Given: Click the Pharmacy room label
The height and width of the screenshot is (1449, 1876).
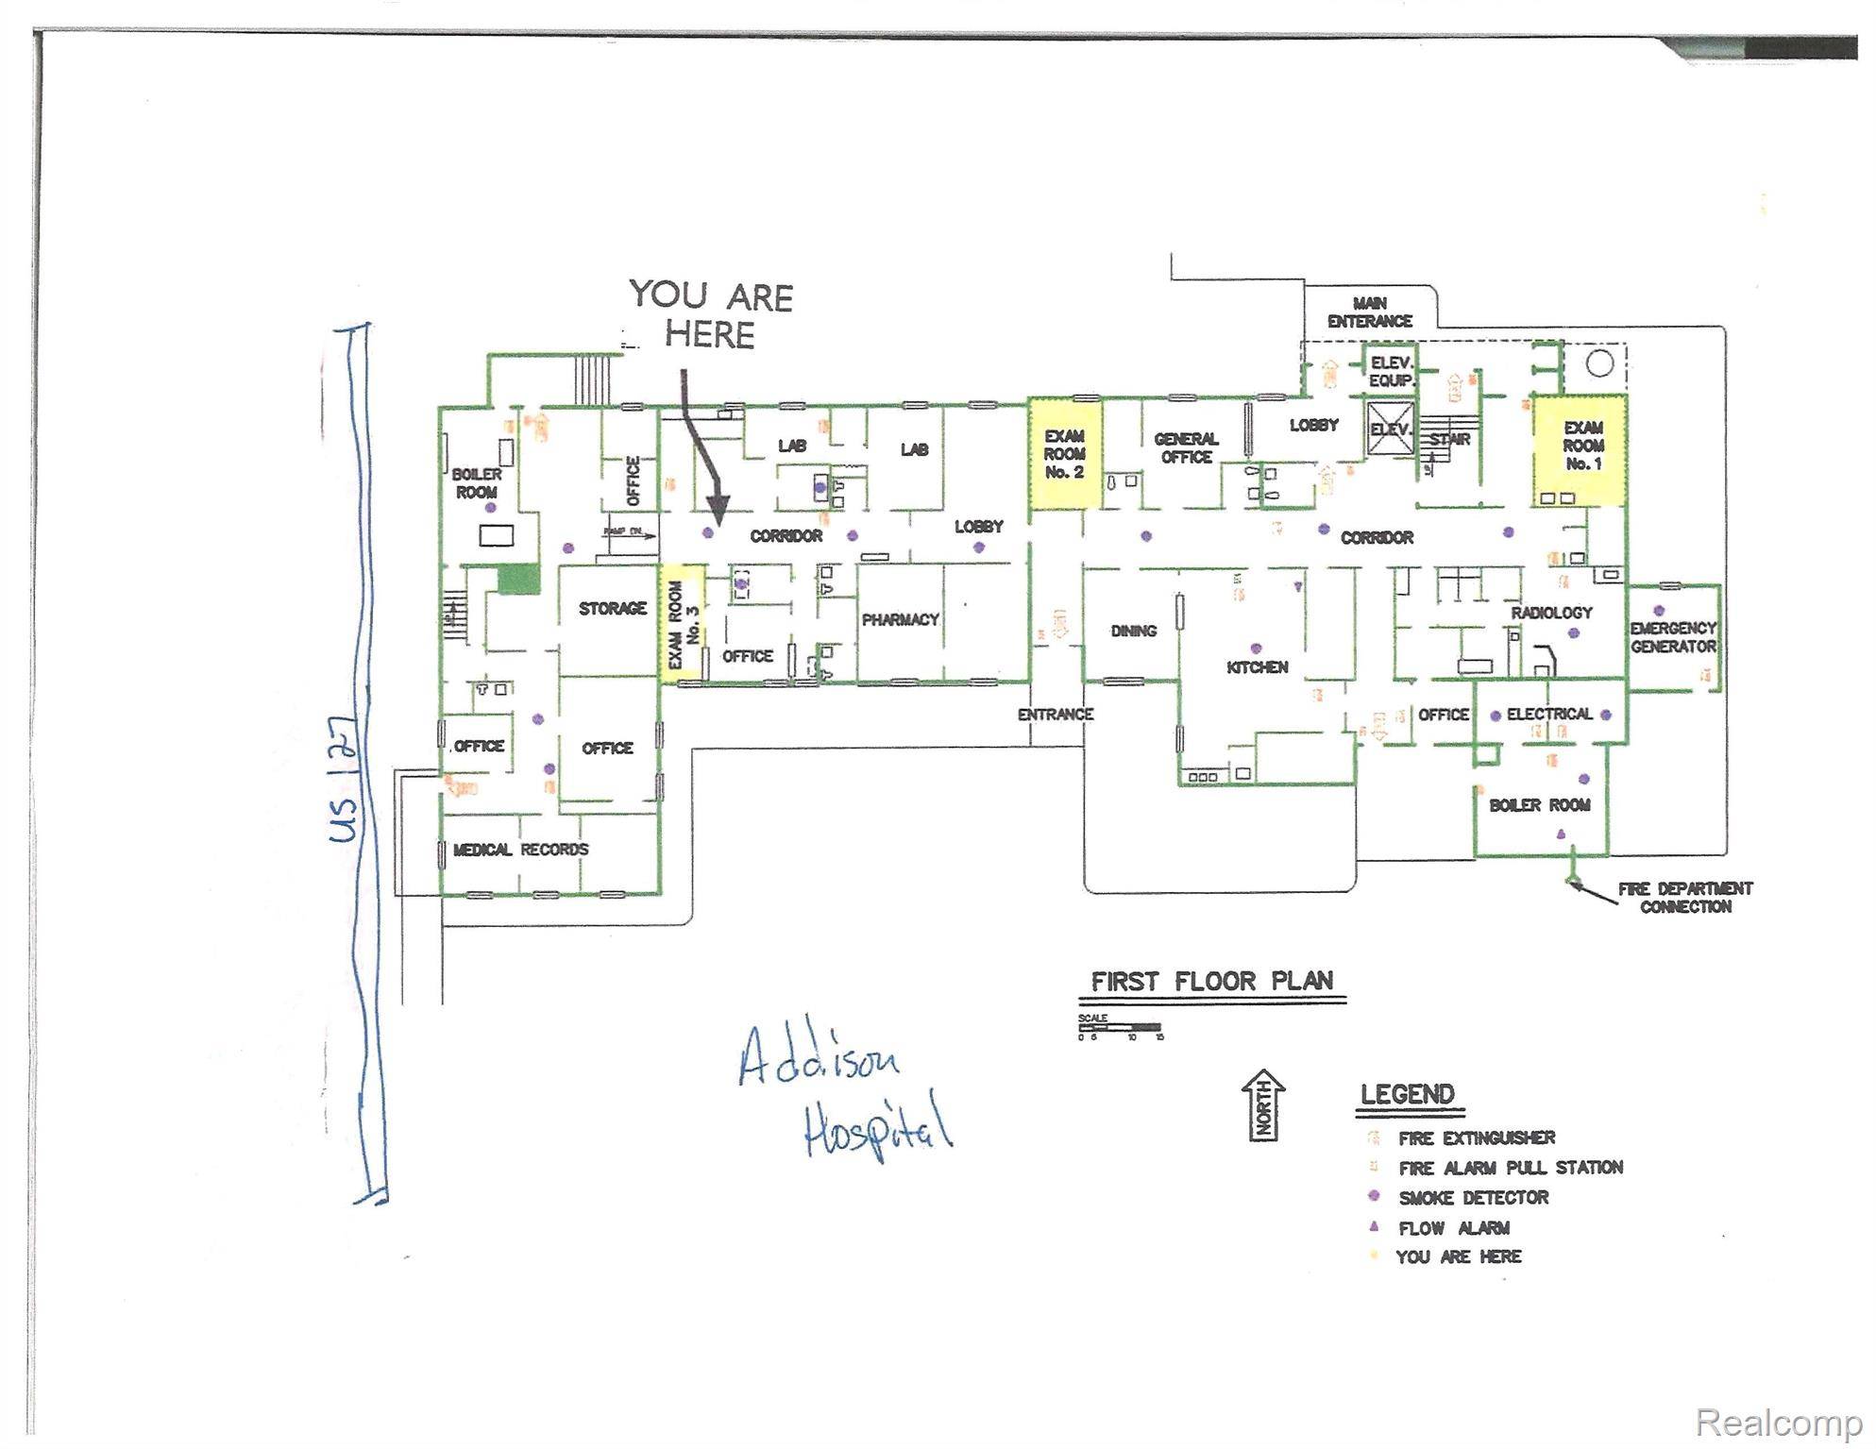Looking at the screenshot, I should (x=900, y=620).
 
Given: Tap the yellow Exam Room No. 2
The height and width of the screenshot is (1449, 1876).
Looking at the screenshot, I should (x=1064, y=454).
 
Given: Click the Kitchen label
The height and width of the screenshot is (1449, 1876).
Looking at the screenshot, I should (x=1257, y=667).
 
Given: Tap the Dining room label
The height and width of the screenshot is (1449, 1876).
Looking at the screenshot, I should (x=1133, y=631).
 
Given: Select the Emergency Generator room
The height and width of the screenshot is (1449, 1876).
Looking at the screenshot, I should (x=1673, y=637).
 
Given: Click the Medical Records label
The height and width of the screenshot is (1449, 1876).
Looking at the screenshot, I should (x=520, y=850).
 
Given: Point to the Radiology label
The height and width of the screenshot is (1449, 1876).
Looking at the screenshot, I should (x=1551, y=613).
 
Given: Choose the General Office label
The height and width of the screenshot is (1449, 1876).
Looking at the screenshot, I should (x=1186, y=448).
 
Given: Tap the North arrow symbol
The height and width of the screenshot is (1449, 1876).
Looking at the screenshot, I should (x=1264, y=1105).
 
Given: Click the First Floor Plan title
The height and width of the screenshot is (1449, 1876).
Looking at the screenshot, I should (x=1212, y=982).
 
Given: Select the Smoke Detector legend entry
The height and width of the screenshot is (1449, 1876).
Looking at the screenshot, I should (x=1473, y=1197).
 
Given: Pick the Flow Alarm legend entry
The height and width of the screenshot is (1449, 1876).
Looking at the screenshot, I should (x=1453, y=1228).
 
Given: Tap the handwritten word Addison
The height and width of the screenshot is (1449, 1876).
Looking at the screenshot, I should (x=818, y=1057).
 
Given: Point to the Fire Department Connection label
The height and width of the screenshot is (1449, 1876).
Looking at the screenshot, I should (x=1684, y=898).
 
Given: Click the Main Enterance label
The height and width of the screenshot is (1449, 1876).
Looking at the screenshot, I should (x=1369, y=312).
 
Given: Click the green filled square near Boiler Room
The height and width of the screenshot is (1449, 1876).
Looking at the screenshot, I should (x=518, y=579).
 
